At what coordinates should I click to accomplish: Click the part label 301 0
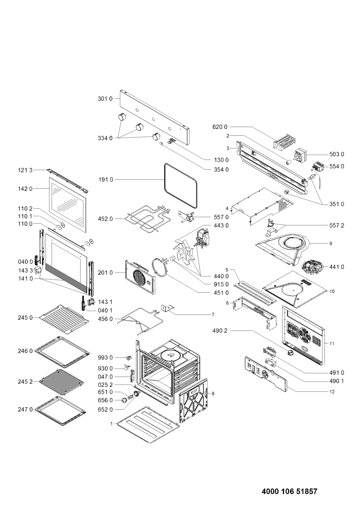[x=105, y=99]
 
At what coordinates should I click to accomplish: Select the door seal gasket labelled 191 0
[x=180, y=185]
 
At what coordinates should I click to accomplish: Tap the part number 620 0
[x=220, y=127]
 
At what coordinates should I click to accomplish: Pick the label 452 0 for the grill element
[x=105, y=219]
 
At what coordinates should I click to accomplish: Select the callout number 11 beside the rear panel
[x=332, y=343]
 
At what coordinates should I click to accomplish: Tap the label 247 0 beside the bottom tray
[x=25, y=409]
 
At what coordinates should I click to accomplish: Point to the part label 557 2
[x=337, y=225]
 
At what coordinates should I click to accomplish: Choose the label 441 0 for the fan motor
[x=337, y=267]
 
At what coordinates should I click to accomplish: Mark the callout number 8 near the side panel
[x=213, y=394]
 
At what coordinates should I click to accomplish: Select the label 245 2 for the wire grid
[x=25, y=381]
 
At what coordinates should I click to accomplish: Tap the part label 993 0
[x=105, y=358]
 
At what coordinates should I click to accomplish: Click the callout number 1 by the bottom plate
[x=111, y=424]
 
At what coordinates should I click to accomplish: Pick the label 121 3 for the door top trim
[x=25, y=170]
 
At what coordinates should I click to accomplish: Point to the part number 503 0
[x=337, y=154]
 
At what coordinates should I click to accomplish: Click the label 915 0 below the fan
[x=221, y=284]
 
